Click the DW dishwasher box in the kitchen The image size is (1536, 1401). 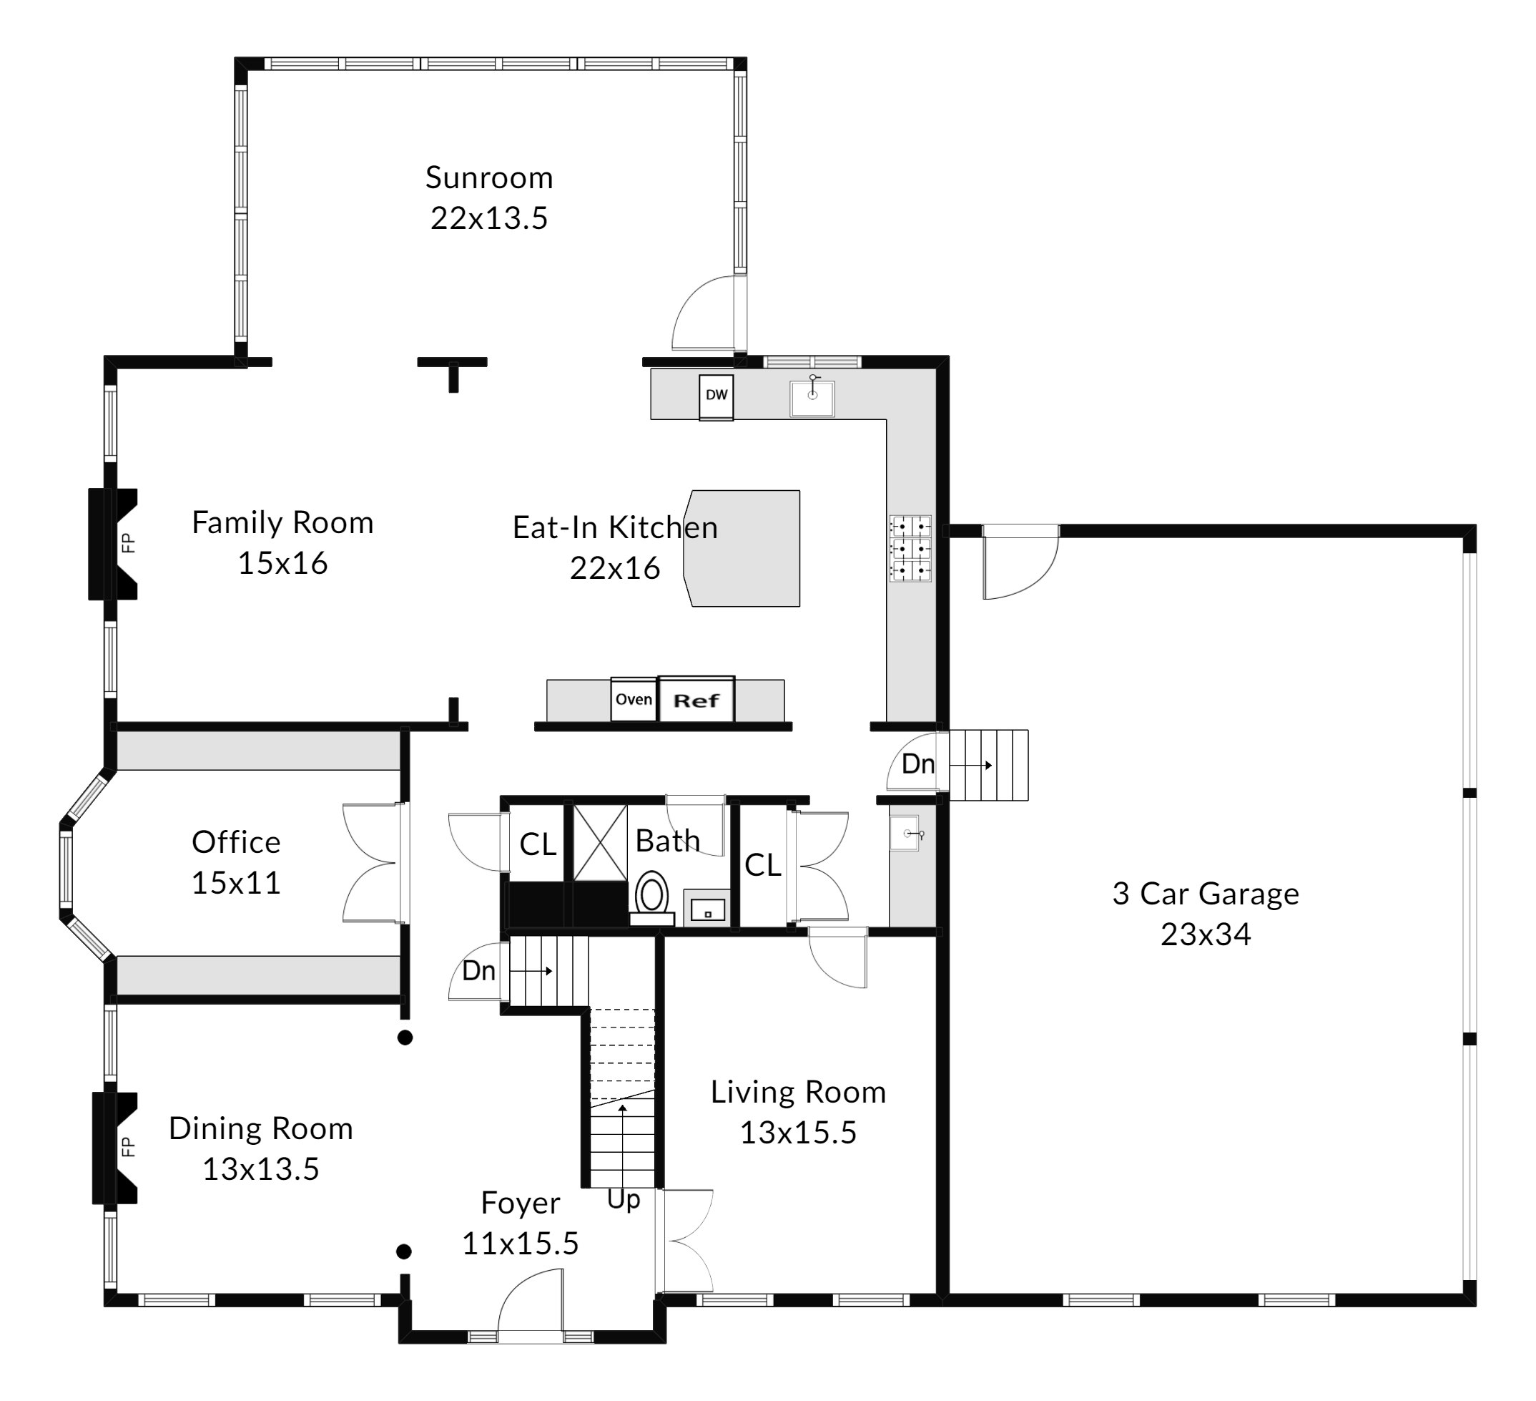[717, 396]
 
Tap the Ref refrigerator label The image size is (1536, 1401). [696, 700]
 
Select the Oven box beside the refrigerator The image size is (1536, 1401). [634, 699]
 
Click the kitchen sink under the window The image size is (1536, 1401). [812, 398]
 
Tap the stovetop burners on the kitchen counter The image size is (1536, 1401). [910, 549]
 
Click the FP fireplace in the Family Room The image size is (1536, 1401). [113, 544]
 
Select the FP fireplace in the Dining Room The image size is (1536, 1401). [115, 1148]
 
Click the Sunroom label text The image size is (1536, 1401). [489, 177]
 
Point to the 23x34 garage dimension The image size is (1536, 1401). [1206, 934]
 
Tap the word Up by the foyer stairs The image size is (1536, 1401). [624, 1201]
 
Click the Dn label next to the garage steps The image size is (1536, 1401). [918, 763]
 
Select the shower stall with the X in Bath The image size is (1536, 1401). [600, 842]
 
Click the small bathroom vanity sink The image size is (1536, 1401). [707, 907]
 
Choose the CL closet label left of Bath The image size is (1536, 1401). [538, 844]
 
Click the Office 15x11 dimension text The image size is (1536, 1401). [236, 883]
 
